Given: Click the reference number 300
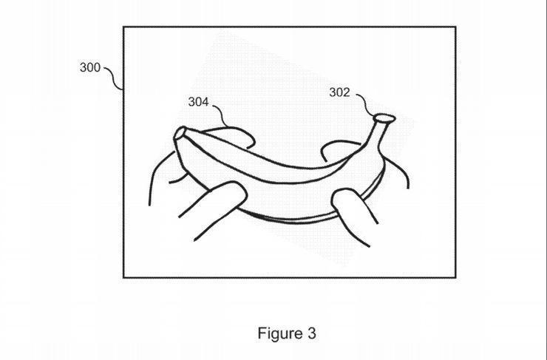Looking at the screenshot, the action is tap(90, 67).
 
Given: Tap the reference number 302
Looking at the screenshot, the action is tap(339, 92).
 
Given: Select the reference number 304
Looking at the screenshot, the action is tap(198, 102).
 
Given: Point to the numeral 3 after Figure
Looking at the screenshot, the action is tap(312, 333).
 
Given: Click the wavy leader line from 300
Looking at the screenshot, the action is tap(114, 78).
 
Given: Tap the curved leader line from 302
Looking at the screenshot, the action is tap(364, 104).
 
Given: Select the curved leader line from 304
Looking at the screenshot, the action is tap(222, 114).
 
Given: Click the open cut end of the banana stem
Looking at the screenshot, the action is tap(384, 118).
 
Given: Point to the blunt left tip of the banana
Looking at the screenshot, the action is tap(180, 134).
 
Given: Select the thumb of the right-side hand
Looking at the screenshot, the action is tap(353, 214).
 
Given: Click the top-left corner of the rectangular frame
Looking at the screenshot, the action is tap(123, 27).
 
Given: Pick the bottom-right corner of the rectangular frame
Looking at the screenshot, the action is tap(455, 277).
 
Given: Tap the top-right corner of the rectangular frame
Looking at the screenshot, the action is tap(455, 27).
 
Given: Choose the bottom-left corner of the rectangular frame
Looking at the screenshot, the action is tap(123, 277).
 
